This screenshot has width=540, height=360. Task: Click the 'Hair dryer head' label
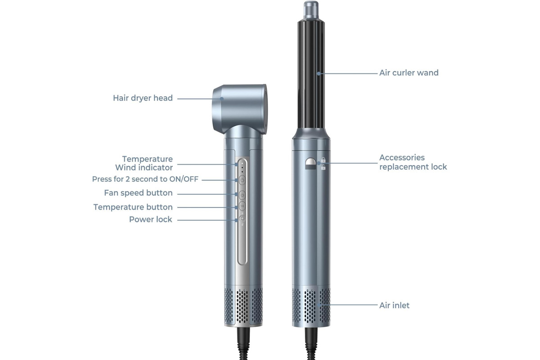tap(143, 98)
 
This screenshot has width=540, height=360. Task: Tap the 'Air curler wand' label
tap(409, 73)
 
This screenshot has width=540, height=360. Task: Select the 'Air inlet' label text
tap(394, 306)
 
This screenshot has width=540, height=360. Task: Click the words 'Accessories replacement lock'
tap(413, 162)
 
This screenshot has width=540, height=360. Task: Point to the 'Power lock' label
tap(151, 220)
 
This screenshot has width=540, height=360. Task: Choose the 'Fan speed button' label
tap(139, 193)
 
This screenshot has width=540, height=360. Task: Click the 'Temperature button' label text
tap(133, 207)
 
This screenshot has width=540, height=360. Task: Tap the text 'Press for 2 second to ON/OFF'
tap(145, 179)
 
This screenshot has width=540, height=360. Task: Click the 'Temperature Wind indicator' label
tap(144, 163)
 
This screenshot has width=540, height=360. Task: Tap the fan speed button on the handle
tap(242, 195)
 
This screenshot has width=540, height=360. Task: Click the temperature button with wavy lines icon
tap(242, 206)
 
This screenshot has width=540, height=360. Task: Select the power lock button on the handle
tap(242, 218)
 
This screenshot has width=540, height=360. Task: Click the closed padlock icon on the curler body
tap(323, 160)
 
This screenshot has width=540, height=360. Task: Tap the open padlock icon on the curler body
tap(323, 167)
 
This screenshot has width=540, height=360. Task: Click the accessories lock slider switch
tap(310, 164)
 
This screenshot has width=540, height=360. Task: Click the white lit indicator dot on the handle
tap(242, 163)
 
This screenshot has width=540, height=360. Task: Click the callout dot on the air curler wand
tap(319, 73)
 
